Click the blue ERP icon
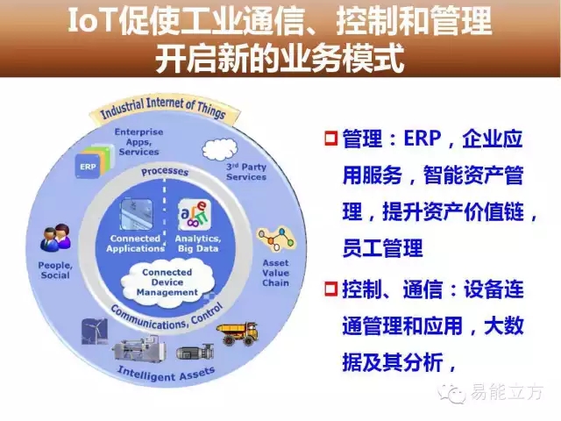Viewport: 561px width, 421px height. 88,166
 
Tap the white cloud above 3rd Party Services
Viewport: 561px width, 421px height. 220,149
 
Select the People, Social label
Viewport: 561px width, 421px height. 55,270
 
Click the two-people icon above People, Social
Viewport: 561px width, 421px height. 55,237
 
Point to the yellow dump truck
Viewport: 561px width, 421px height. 238,334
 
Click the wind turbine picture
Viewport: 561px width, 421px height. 95,332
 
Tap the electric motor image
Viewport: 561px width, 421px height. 195,352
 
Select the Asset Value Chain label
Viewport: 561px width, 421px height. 275,273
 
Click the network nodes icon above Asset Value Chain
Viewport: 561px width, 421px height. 277,239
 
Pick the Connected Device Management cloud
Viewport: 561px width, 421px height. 167,282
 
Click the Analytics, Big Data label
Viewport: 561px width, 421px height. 198,244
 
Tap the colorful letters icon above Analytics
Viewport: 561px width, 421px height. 195,215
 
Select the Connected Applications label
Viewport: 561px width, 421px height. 135,244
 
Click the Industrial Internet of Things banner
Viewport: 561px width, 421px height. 163,109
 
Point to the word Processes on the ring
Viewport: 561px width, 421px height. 165,172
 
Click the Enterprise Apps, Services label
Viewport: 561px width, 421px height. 138,142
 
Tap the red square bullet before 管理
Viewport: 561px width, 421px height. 331,139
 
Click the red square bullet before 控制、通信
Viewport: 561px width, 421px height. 331,289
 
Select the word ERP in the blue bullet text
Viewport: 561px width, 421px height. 423,139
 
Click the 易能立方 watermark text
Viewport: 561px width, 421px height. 507,392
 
